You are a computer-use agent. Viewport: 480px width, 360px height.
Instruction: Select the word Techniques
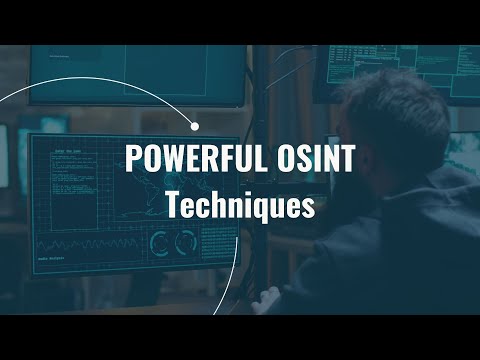click(240, 206)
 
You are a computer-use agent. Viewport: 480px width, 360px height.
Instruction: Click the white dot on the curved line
click(195, 126)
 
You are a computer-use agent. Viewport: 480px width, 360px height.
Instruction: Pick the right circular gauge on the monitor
click(184, 243)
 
